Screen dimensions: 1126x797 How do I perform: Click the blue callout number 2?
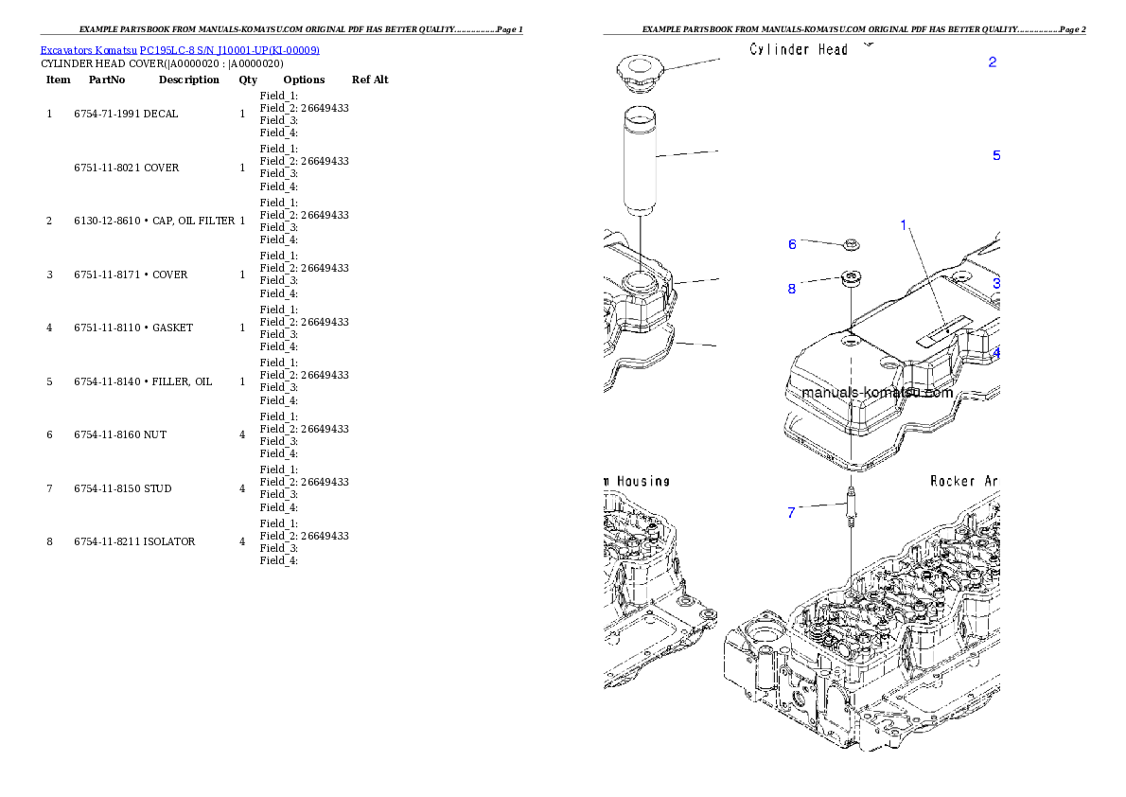(992, 62)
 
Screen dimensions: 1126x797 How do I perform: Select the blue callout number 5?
(995, 155)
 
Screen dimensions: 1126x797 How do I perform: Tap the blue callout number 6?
(793, 244)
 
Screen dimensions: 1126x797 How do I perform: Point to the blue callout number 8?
(792, 289)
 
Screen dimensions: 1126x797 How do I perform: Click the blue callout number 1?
(904, 225)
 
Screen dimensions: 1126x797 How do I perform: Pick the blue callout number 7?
(791, 513)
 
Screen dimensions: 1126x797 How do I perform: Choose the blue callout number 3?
(996, 283)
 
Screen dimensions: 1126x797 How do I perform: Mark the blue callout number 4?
(996, 352)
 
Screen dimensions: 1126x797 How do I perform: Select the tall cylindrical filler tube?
(641, 161)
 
